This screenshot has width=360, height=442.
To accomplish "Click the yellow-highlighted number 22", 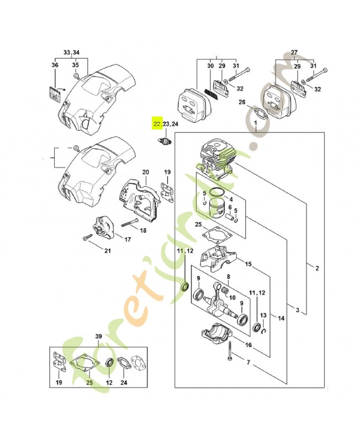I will (157, 124).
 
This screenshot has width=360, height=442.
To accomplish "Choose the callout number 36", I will (55, 65).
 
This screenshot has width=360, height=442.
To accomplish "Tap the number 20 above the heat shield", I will (145, 173).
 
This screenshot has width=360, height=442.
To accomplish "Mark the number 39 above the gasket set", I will (99, 336).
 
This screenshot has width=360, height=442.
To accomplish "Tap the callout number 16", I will (249, 345).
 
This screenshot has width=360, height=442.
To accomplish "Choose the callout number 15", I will (248, 265).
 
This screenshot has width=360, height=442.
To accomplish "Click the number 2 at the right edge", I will (317, 269).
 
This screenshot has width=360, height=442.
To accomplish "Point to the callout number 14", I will (281, 318).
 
